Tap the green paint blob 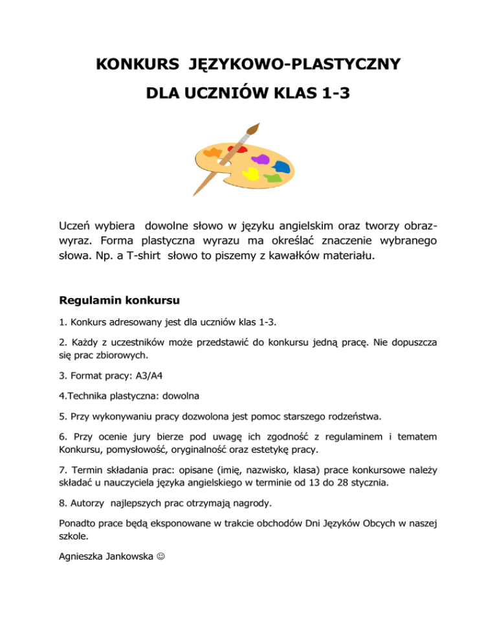(x=272, y=176)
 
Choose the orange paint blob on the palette (x=212, y=154)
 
